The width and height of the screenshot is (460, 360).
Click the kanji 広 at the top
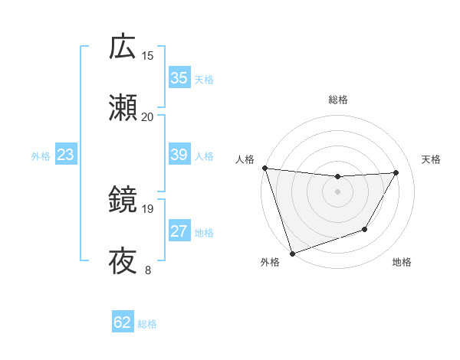123,47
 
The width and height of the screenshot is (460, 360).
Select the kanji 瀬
123,108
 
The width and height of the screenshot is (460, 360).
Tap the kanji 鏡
123,200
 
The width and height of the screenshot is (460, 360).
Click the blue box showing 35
179,78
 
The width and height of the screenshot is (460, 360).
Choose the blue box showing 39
179,155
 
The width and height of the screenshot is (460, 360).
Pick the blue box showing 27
179,232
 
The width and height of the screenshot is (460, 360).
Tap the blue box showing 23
66,155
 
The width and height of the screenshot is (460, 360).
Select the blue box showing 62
123,322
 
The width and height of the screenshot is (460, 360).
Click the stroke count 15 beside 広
148,55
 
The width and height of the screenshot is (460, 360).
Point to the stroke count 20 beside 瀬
148,116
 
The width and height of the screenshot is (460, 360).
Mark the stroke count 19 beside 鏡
148,208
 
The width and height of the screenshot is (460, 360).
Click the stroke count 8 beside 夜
148,270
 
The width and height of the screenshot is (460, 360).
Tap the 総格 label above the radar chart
337,100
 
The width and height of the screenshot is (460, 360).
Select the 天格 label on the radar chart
432,159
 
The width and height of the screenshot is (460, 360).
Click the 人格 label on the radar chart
245,159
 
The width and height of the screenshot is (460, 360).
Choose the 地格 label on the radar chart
402,263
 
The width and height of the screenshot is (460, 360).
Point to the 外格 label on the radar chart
270,263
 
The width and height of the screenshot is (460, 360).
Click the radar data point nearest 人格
264,168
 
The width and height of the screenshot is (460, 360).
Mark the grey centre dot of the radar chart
337,191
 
